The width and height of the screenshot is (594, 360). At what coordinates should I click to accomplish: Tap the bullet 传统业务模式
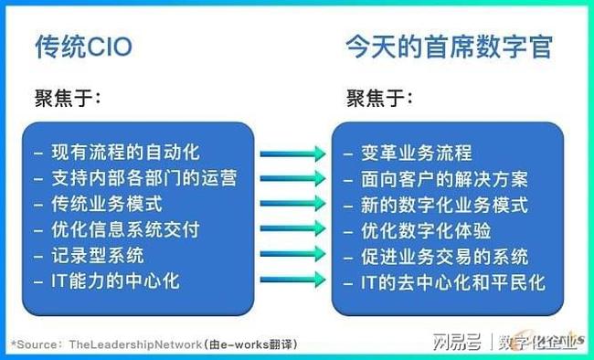click(109, 204)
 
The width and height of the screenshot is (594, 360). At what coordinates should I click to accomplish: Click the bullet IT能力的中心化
click(114, 281)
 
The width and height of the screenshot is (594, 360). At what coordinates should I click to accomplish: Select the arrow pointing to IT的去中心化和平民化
click(292, 281)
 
